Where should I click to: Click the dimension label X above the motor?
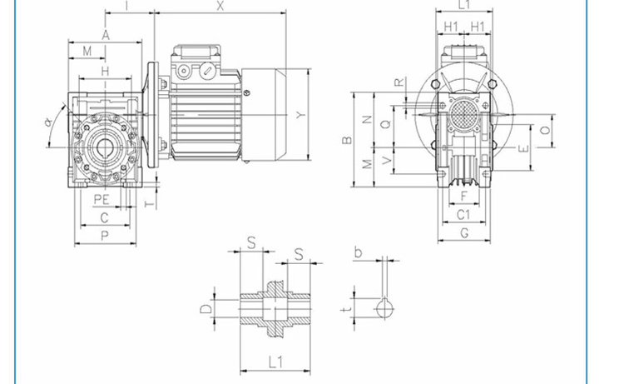pos(220,6)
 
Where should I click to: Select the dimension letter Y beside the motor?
pos(302,115)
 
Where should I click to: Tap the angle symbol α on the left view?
pos(48,122)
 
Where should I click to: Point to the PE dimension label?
pos(102,199)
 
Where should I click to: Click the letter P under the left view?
pos(104,237)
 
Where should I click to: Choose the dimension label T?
pos(149,204)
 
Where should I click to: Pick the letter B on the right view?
pos(347,140)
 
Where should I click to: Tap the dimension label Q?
pos(385,124)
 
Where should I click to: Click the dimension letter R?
pos(399,82)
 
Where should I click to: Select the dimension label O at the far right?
pos(546,130)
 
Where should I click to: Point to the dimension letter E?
pos(524,148)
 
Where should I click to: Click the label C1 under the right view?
pos(463,215)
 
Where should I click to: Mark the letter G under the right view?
pos(464,233)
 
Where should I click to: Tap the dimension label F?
pos(463,196)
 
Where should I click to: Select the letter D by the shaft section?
pos(206,309)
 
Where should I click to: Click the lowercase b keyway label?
pos(358,252)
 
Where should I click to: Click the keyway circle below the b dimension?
pos(385,309)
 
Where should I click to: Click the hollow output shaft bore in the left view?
pos(105,147)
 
